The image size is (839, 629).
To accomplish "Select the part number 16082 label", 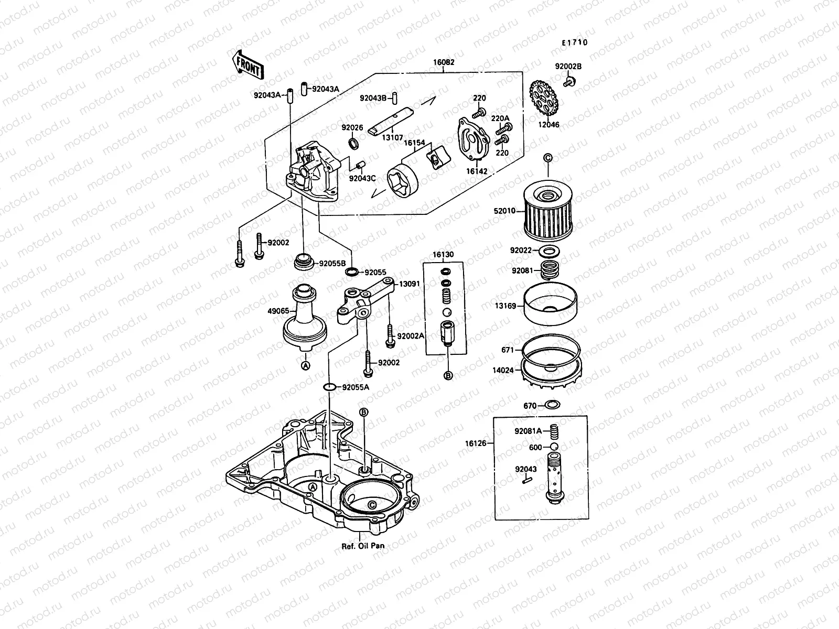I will (x=444, y=62).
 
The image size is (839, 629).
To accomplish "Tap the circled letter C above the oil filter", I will (x=547, y=158).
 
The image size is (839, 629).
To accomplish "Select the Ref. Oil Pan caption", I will (x=363, y=545).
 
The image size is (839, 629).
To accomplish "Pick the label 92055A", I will (x=356, y=387).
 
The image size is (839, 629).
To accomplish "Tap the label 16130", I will (x=443, y=255).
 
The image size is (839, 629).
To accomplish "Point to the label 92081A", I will (x=528, y=431).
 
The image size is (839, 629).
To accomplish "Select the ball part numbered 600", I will (x=552, y=447).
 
